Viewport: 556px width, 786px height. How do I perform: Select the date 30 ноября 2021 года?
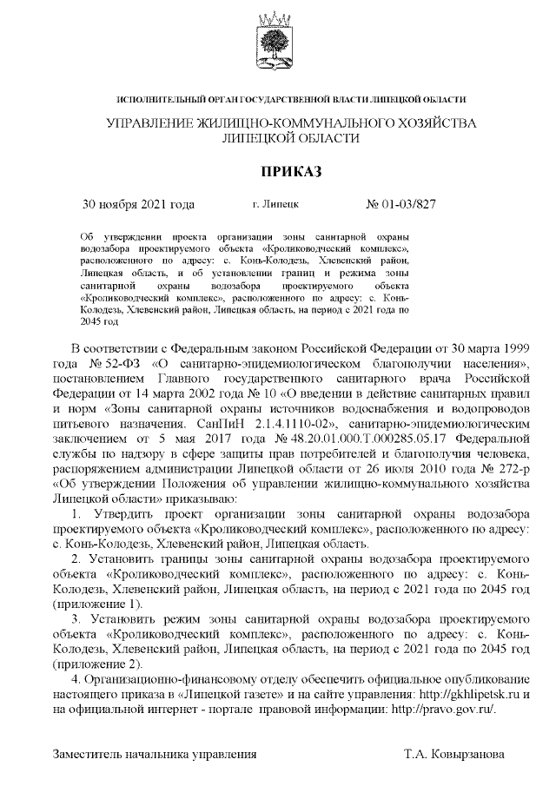tap(137, 205)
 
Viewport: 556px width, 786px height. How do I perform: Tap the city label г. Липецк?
tap(276, 205)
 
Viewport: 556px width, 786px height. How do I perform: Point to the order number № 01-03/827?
tap(401, 205)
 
